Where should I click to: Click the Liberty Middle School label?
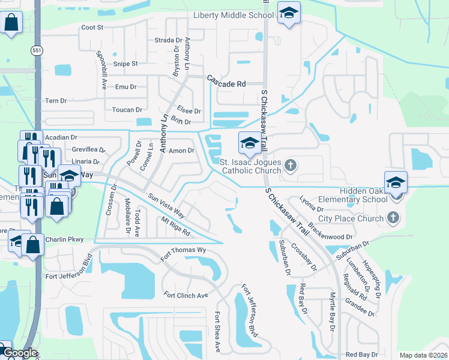click(233, 15)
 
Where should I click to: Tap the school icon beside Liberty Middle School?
click(289, 13)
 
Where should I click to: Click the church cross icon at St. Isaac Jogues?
click(291, 165)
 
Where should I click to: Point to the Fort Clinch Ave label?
click(185, 295)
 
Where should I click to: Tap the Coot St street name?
click(92, 28)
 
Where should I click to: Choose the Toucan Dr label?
click(127, 110)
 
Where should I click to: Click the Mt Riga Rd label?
click(175, 227)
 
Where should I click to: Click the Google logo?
click(19, 353)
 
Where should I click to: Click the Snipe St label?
click(126, 64)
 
